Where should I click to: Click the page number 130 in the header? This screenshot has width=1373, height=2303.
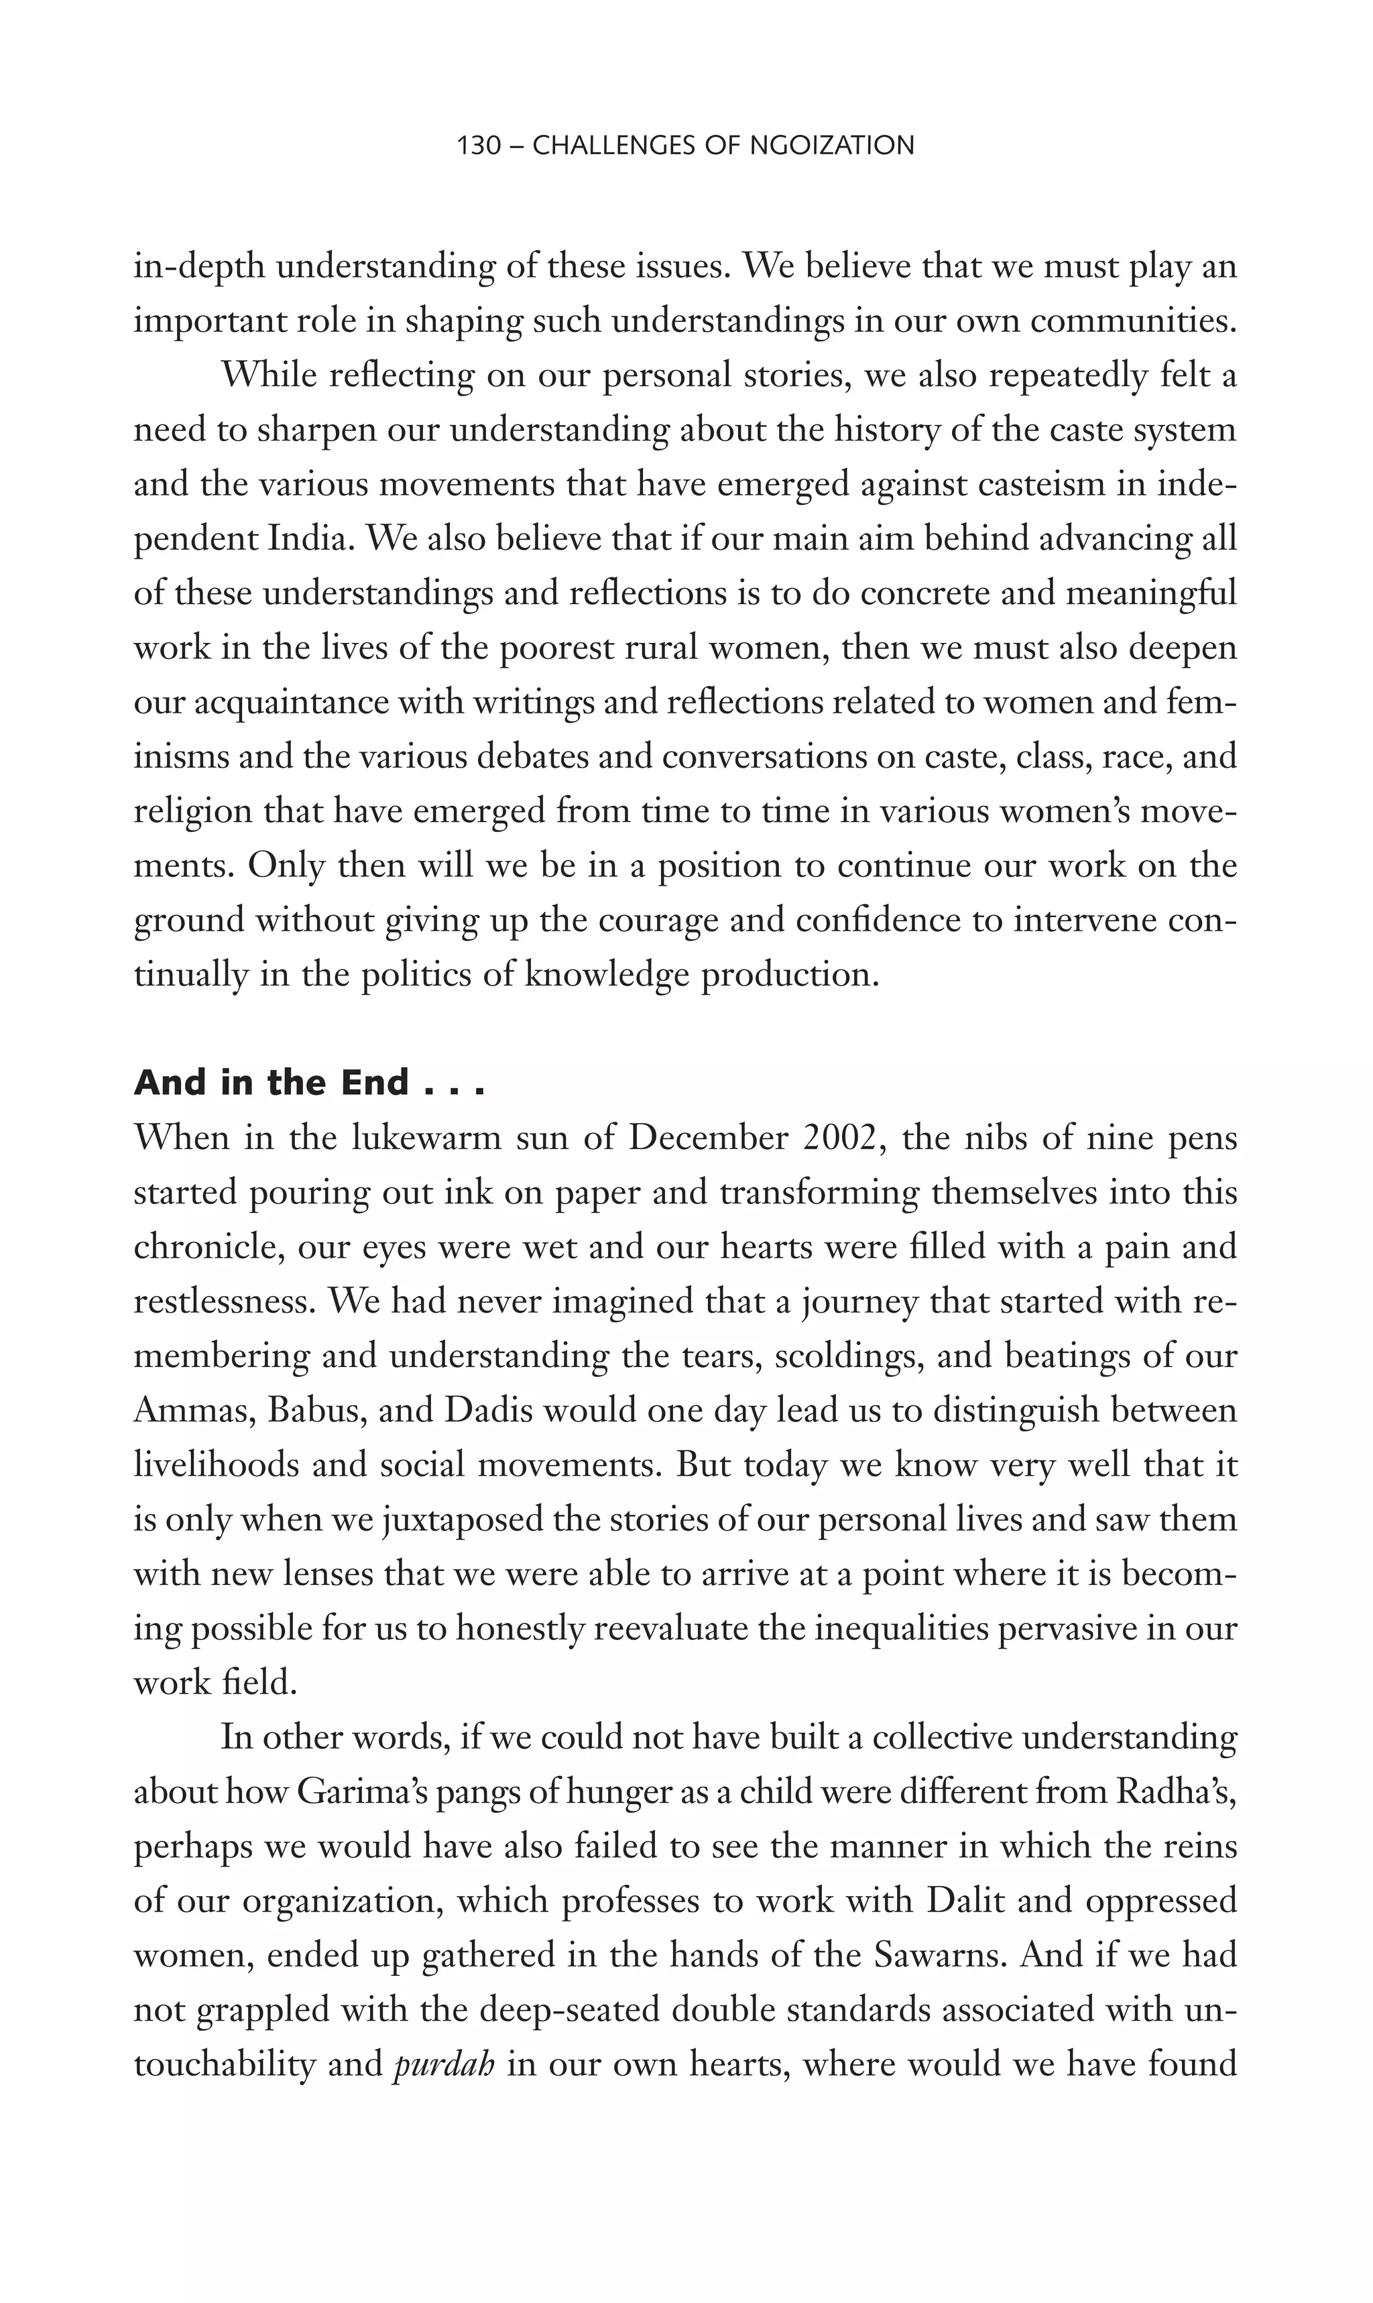pos(478,145)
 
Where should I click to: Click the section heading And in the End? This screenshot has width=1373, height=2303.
pos(309,1083)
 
